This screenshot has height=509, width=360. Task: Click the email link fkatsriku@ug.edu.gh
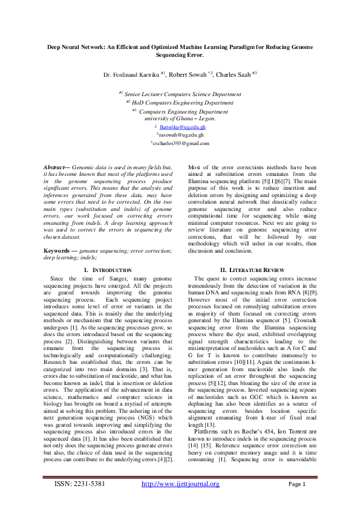click(x=182, y=128)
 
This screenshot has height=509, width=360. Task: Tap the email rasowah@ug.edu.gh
click(x=180, y=135)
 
